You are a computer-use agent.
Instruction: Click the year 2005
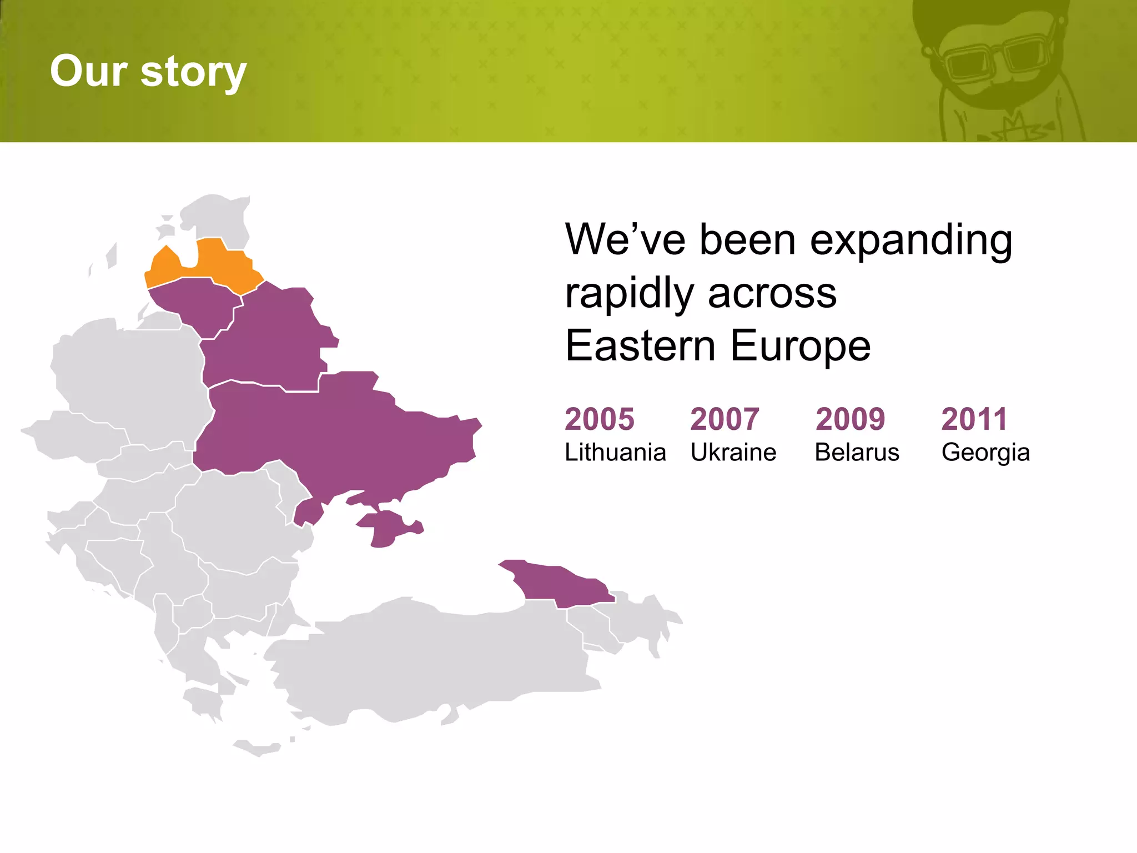(599, 419)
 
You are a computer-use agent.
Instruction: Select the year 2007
(725, 419)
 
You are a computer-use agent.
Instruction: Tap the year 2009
(850, 419)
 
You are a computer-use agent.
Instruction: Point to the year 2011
(974, 419)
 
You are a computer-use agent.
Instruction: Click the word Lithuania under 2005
(615, 452)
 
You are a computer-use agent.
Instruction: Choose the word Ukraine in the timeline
(733, 452)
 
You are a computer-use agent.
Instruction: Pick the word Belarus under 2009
(857, 452)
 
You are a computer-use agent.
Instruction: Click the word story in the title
(193, 72)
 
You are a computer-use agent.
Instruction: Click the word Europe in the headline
(800, 345)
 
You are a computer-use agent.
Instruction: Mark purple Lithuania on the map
(197, 305)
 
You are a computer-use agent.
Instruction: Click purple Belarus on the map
(266, 339)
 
